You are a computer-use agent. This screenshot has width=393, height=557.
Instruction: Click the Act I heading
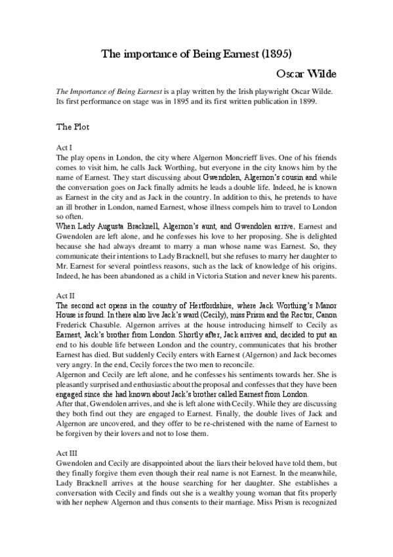point(64,148)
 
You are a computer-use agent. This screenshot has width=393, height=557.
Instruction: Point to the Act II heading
point(66,296)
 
